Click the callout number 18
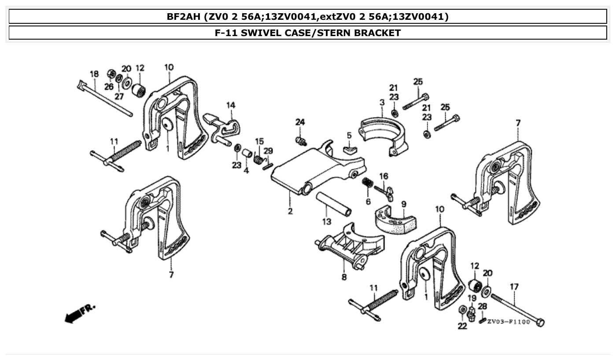[94, 74]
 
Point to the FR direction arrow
[79, 313]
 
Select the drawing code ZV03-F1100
[509, 322]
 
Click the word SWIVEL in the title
[261, 33]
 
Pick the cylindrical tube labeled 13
[333, 204]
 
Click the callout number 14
[231, 105]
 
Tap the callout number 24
[300, 122]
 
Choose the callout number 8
[344, 277]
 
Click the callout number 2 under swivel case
[290, 211]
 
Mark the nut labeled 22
[462, 311]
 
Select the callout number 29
[268, 151]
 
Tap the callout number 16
[384, 176]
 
